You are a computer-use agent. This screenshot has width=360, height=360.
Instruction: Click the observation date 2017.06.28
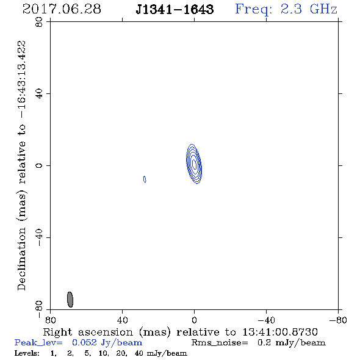click(62, 9)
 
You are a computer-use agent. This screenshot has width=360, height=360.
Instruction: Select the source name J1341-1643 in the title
click(175, 10)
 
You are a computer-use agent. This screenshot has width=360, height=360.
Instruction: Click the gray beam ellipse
click(70, 300)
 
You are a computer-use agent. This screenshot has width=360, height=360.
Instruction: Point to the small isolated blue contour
click(145, 179)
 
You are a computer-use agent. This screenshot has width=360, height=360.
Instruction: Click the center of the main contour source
click(194, 164)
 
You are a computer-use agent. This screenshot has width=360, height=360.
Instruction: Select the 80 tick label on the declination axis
click(39, 22)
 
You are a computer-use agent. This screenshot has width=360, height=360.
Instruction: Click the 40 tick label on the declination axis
click(39, 94)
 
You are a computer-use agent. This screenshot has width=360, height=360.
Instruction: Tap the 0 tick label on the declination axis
click(39, 165)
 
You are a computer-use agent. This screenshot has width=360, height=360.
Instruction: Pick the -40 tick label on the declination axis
click(39, 237)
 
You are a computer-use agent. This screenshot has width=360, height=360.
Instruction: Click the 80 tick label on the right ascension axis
click(50, 320)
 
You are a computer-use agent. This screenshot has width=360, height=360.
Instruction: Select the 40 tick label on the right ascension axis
click(122, 320)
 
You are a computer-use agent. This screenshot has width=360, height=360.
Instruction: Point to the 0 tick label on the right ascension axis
click(194, 320)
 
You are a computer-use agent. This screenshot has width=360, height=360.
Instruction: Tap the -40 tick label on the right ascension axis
click(266, 320)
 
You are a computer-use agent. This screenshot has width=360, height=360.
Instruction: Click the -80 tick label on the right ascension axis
click(338, 320)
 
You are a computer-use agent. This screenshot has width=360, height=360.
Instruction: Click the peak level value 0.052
click(84, 342)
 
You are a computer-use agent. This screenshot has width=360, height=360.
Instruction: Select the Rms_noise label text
click(220, 343)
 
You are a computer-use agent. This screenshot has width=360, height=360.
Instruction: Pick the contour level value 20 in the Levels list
click(121, 353)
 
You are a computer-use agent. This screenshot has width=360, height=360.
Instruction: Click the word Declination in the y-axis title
click(21, 259)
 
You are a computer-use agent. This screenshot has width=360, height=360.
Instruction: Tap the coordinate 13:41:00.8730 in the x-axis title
click(280, 332)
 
